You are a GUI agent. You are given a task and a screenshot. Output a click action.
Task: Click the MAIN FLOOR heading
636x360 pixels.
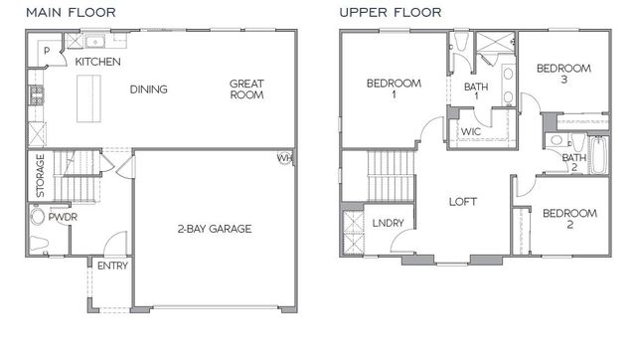tap(71, 12)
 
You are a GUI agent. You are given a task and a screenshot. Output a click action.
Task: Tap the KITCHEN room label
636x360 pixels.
tap(98, 62)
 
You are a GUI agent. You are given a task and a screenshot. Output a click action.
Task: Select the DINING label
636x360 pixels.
tap(148, 90)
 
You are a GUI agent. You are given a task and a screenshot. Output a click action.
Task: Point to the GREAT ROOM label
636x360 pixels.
tap(246, 90)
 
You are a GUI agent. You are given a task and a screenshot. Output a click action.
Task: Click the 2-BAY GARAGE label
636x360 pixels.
tap(214, 228)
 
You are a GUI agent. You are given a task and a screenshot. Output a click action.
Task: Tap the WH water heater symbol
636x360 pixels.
tap(285, 157)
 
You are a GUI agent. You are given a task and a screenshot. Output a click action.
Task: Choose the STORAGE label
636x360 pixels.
tap(41, 175)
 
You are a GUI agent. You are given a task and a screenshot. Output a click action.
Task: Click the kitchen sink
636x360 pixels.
tap(95, 41)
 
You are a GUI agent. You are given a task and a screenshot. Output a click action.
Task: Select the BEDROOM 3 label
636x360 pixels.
tap(563, 75)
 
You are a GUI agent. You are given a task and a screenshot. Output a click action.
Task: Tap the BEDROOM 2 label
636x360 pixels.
tap(569, 219)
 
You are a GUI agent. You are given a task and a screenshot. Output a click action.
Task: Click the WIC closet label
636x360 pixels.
tap(471, 132)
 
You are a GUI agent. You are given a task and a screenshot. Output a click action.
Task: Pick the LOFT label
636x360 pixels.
tap(463, 201)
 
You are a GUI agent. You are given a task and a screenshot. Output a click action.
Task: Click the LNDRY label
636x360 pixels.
tap(388, 223)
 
